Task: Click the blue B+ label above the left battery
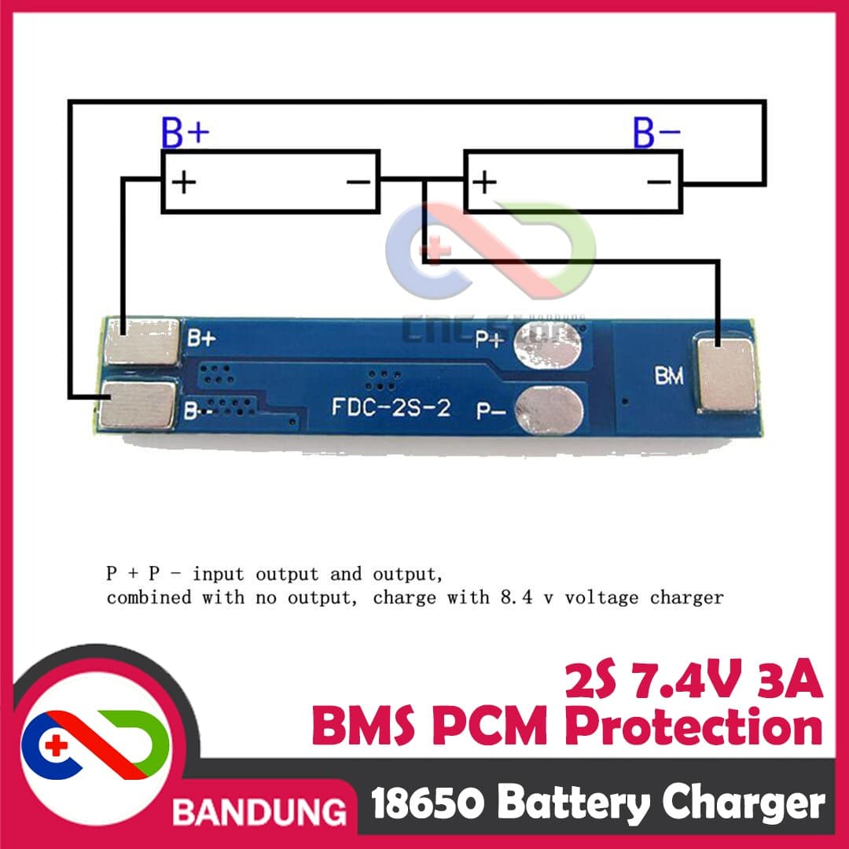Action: [186, 134]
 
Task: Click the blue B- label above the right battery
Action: [657, 134]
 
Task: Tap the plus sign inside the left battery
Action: [183, 183]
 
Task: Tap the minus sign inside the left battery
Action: [358, 183]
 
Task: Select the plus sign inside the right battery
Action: [485, 183]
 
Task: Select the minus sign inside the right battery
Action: [659, 183]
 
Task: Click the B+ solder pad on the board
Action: [142, 341]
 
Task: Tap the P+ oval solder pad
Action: [550, 347]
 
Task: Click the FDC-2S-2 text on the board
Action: [391, 408]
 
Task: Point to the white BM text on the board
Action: [669, 377]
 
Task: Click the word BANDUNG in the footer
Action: [259, 810]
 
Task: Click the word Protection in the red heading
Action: [695, 727]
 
